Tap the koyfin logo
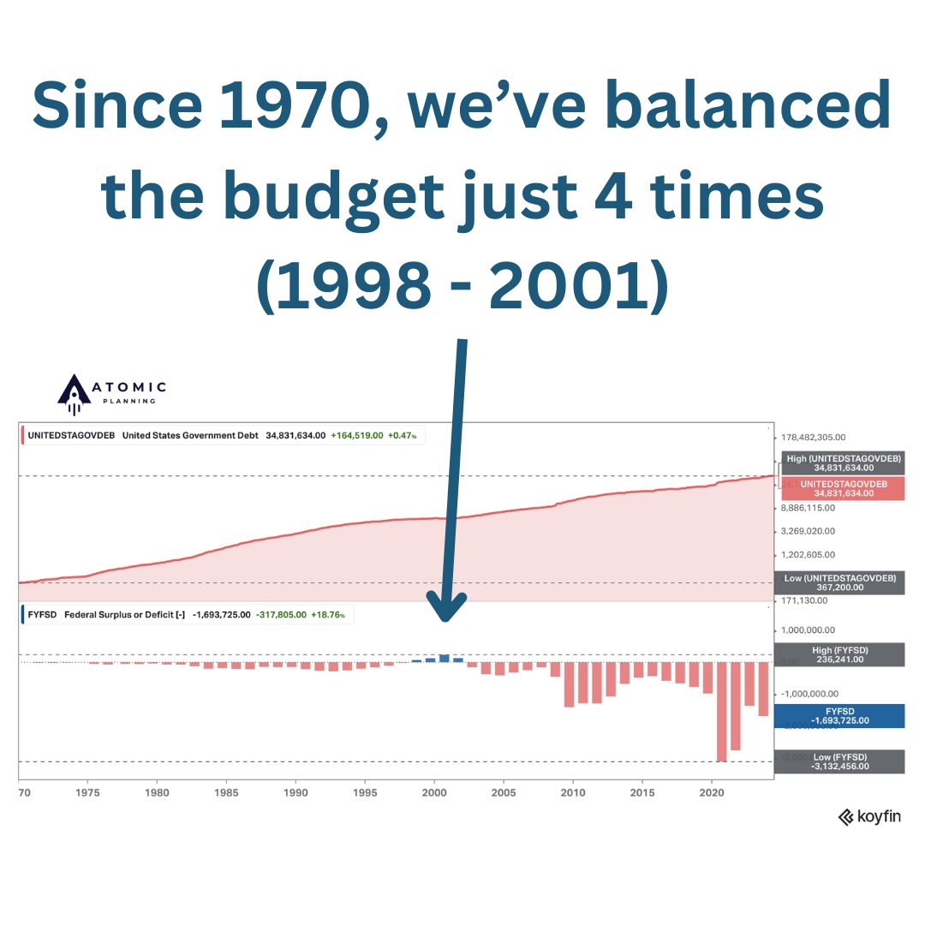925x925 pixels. (x=868, y=817)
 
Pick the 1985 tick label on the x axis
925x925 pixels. (x=227, y=793)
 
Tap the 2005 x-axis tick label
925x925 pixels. (x=504, y=793)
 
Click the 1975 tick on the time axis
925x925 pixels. (x=87, y=793)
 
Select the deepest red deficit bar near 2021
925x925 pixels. (x=721, y=711)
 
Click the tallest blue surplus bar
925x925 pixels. (x=444, y=658)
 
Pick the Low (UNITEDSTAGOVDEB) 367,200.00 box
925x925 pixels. (x=839, y=583)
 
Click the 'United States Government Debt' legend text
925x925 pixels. (x=190, y=435)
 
